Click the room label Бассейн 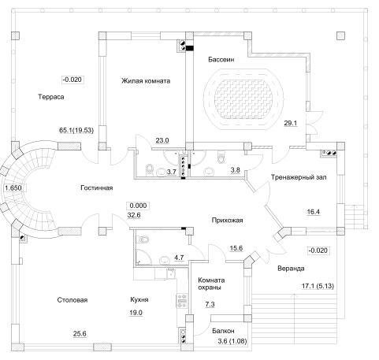click(x=221, y=60)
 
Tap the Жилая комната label click(x=146, y=80)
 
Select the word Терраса click(x=51, y=97)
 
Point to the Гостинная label click(x=97, y=187)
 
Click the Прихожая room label click(x=227, y=221)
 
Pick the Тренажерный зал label click(x=299, y=177)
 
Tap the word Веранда click(x=291, y=269)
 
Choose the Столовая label click(x=72, y=300)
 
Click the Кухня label click(x=139, y=299)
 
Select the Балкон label click(x=223, y=331)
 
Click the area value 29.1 click(x=291, y=123)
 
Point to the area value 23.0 click(x=162, y=140)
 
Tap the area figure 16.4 click(x=314, y=212)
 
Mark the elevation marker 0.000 click(x=138, y=206)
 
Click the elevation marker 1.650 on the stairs click(x=13, y=188)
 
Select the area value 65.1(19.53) click(x=76, y=130)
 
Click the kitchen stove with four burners click(x=181, y=301)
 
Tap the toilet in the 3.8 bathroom click(x=221, y=158)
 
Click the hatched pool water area click(x=243, y=99)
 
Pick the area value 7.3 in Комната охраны click(x=210, y=304)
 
